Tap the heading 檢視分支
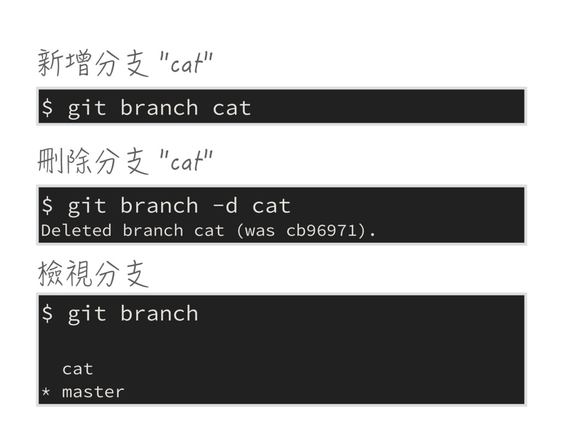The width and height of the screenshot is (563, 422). click(93, 274)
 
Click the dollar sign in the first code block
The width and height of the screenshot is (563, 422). click(47, 108)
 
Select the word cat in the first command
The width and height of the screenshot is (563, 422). click(231, 108)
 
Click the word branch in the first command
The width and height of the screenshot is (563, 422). click(159, 108)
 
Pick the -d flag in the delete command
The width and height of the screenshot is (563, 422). click(225, 206)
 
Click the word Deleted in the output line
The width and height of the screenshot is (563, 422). click(76, 231)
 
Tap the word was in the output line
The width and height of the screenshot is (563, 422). click(260, 231)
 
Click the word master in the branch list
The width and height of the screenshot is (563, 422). click(93, 392)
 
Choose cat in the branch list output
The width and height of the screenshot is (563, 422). click(78, 369)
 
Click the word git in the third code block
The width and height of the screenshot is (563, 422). click(86, 314)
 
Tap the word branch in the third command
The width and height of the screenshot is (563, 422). click(159, 314)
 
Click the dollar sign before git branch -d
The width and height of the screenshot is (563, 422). click(47, 206)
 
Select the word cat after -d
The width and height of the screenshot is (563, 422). click(271, 206)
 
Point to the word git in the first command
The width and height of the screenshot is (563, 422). click(86, 108)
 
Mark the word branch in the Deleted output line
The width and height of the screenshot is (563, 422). click(152, 231)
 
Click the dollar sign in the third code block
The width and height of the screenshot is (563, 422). click(47, 314)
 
